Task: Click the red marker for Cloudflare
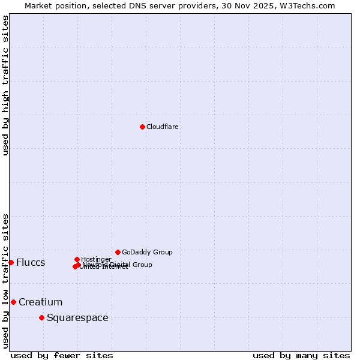point(142,127)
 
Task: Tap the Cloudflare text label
point(163,127)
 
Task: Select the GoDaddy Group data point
point(118,252)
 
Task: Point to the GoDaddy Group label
point(147,252)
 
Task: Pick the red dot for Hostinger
point(77,259)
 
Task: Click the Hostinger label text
point(96,259)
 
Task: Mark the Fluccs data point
point(11,262)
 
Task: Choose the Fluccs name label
point(31,263)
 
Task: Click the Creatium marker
point(13,302)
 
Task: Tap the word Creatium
point(40,302)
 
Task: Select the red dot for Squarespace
point(41,317)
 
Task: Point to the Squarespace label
point(77,317)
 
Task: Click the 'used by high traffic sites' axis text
point(5,85)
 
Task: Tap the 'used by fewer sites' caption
point(62,355)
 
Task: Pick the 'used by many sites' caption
point(301,355)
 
